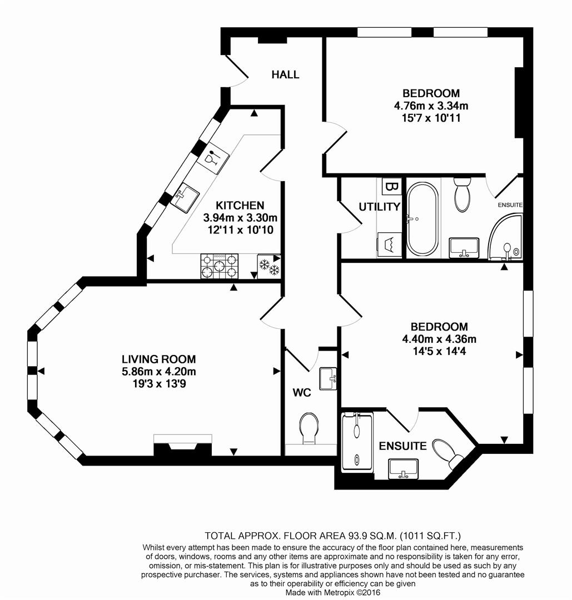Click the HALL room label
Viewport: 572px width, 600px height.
pos(285,74)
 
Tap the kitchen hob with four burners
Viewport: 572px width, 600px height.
pos(219,266)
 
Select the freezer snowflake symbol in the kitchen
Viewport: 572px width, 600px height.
pos(268,266)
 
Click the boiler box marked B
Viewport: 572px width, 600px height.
pos(391,187)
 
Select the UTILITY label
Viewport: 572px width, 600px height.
pos(379,207)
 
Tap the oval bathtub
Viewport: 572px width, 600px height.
pos(422,219)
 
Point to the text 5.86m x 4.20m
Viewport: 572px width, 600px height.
pos(160,372)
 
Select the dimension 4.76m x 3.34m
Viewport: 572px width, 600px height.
pos(431,106)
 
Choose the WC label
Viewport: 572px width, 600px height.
pos(301,393)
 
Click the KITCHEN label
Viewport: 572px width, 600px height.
pos(240,206)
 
